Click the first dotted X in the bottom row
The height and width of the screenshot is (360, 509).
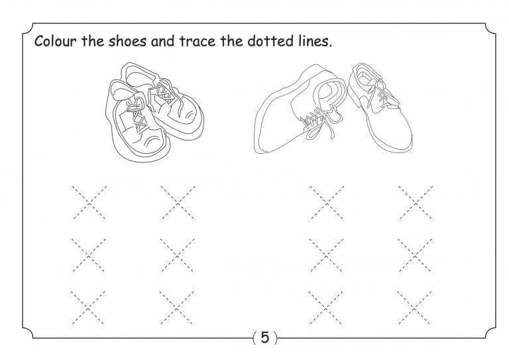[89, 306]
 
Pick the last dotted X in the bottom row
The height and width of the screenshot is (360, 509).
[415, 306]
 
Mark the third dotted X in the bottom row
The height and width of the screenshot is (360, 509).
[327, 306]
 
